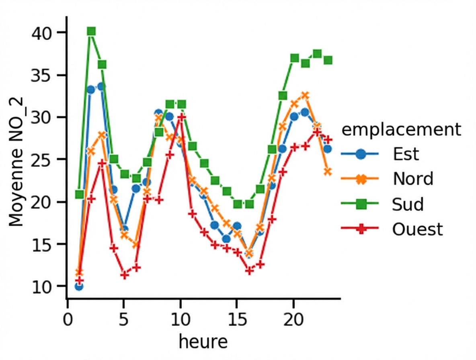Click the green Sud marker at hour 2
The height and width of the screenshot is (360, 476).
coord(91,31)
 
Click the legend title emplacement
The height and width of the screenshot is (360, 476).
coord(400,130)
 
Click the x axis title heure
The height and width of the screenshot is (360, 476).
coord(203,342)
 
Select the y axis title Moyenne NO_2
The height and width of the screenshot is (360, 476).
coord(16,159)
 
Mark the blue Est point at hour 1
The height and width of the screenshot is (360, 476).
coord(79,286)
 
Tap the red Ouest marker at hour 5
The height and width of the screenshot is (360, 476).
coord(125,275)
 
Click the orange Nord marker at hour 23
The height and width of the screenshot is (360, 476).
coord(328,172)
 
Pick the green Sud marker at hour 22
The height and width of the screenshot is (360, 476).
coord(317,53)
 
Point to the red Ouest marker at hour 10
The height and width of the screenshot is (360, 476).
coord(181,117)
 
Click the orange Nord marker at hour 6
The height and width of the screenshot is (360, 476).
coord(136,244)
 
